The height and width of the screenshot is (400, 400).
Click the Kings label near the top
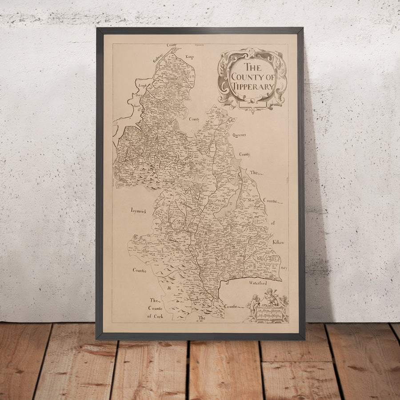coord(189,56)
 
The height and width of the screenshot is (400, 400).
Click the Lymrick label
coord(138,210)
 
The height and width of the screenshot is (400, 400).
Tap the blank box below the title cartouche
coord(252,105)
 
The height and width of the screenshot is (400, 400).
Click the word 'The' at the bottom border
coord(203,318)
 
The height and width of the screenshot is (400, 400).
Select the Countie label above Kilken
coord(270,200)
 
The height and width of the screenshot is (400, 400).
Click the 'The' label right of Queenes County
coord(255,172)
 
